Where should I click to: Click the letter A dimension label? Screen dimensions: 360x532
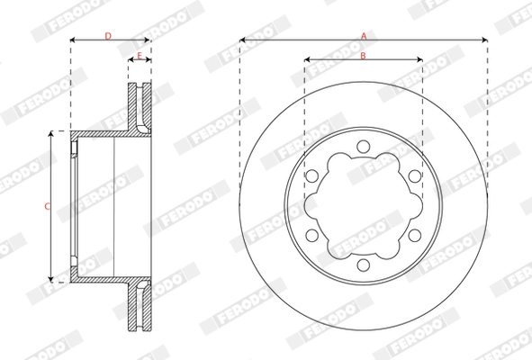pyautogui.click(x=364, y=34)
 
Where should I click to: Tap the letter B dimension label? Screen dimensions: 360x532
pyautogui.click(x=363, y=56)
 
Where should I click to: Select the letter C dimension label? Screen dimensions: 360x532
pyautogui.click(x=46, y=206)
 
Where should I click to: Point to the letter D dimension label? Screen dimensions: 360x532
pyautogui.click(x=108, y=35)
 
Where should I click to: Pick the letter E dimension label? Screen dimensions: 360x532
pyautogui.click(x=140, y=56)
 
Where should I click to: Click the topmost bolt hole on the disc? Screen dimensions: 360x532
pyautogui.click(x=363, y=147)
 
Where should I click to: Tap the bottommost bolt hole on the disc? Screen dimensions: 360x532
pyautogui.click(x=363, y=265)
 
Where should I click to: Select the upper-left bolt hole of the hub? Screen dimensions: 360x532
pyautogui.click(x=312, y=176)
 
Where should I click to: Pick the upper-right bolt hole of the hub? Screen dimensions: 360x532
pyautogui.click(x=414, y=176)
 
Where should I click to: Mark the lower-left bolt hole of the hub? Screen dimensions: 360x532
pyautogui.click(x=312, y=235)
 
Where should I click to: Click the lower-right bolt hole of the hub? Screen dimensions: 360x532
pyautogui.click(x=414, y=235)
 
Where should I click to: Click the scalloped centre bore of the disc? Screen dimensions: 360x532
pyautogui.click(x=363, y=206)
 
